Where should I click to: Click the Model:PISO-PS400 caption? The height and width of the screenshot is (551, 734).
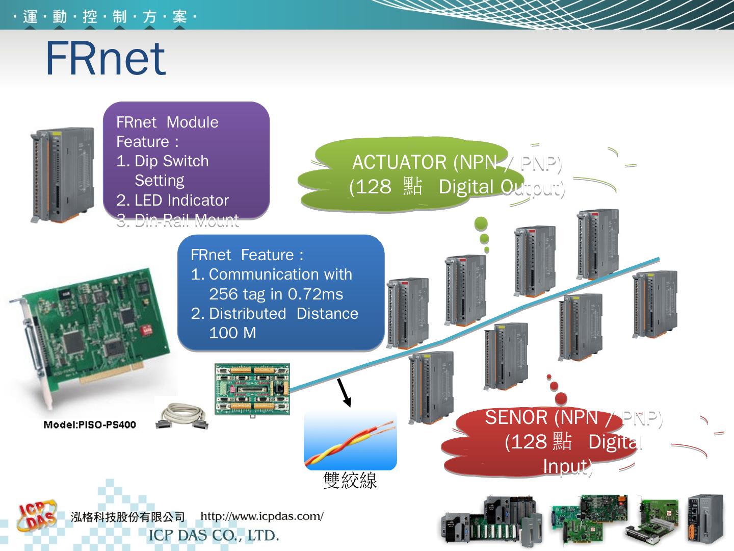tap(90, 425)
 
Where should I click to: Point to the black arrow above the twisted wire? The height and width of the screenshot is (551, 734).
tap(344, 392)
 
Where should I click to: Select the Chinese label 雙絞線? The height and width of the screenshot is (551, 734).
tap(350, 480)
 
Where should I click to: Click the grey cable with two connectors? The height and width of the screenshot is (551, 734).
tap(182, 416)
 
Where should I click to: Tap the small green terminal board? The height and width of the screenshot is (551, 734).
tap(252, 389)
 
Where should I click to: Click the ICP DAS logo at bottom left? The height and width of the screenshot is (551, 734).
tap(37, 516)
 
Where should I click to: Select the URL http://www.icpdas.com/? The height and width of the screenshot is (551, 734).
tap(262, 516)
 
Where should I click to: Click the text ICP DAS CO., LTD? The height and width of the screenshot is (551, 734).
tap(214, 536)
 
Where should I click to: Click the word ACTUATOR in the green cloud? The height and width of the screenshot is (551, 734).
tap(399, 162)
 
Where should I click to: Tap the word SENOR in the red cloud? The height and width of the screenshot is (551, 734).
tap(516, 417)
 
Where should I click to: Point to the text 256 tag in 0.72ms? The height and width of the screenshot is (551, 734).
tap(276, 294)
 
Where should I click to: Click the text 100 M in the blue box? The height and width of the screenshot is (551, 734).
tap(232, 333)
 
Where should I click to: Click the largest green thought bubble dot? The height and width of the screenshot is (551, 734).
tap(481, 223)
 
